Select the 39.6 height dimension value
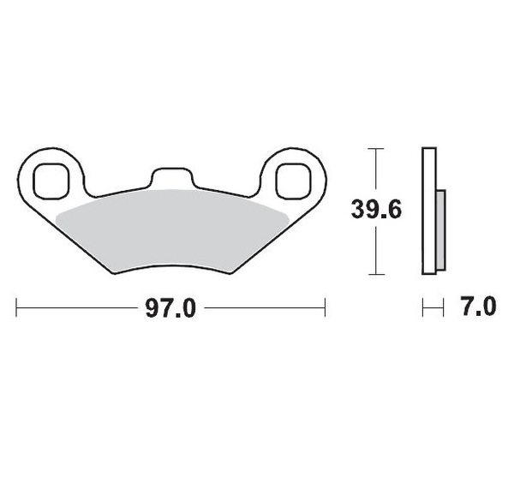[374, 209]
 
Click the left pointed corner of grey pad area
[55, 217]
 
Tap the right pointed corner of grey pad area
[289, 217]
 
